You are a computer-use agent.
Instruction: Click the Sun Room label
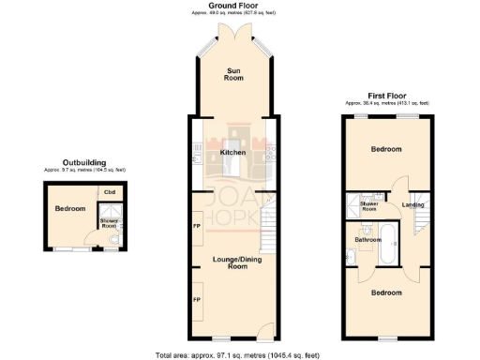[x=232, y=75]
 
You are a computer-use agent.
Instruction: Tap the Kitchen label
[x=232, y=152]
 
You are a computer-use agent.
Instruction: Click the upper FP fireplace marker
[x=197, y=226]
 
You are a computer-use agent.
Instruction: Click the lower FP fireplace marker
[x=197, y=299]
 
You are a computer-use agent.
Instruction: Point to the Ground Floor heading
[x=233, y=6]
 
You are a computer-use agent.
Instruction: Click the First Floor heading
[x=388, y=96]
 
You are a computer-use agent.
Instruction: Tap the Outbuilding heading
[x=83, y=163]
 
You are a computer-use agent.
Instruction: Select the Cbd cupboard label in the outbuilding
[x=109, y=193]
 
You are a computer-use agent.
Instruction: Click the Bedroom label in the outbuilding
[x=69, y=208]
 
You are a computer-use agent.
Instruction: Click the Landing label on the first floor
[x=412, y=204]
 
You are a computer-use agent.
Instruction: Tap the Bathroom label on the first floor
[x=367, y=240]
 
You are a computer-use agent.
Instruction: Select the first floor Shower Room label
[x=369, y=205]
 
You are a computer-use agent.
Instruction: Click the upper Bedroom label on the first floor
[x=385, y=149]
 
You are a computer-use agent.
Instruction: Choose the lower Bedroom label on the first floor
[x=385, y=292]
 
